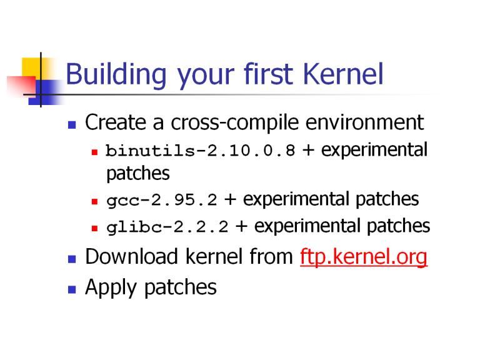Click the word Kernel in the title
pyautogui.click(x=343, y=74)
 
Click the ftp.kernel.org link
pyautogui.click(x=364, y=256)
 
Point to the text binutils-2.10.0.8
pyautogui.click(x=201, y=151)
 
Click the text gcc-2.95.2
pyautogui.click(x=162, y=201)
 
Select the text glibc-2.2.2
pyautogui.click(x=167, y=227)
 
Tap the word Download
pyautogui.click(x=131, y=256)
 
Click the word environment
pyautogui.click(x=365, y=122)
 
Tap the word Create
pyautogui.click(x=116, y=122)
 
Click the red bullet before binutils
pyautogui.click(x=94, y=152)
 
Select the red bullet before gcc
pyautogui.click(x=94, y=201)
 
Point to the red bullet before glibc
pyautogui.click(x=94, y=228)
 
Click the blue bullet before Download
pyautogui.click(x=72, y=259)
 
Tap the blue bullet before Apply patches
pyautogui.click(x=72, y=289)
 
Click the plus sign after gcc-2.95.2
pyautogui.click(x=230, y=200)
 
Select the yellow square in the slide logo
pyautogui.click(x=31, y=67)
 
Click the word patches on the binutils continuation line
pyautogui.click(x=137, y=174)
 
